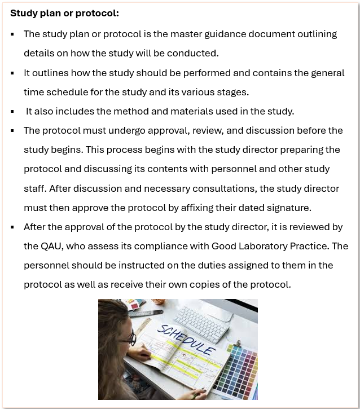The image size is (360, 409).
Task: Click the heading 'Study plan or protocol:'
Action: (x=65, y=12)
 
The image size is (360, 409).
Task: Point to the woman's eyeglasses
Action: (x=129, y=338)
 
